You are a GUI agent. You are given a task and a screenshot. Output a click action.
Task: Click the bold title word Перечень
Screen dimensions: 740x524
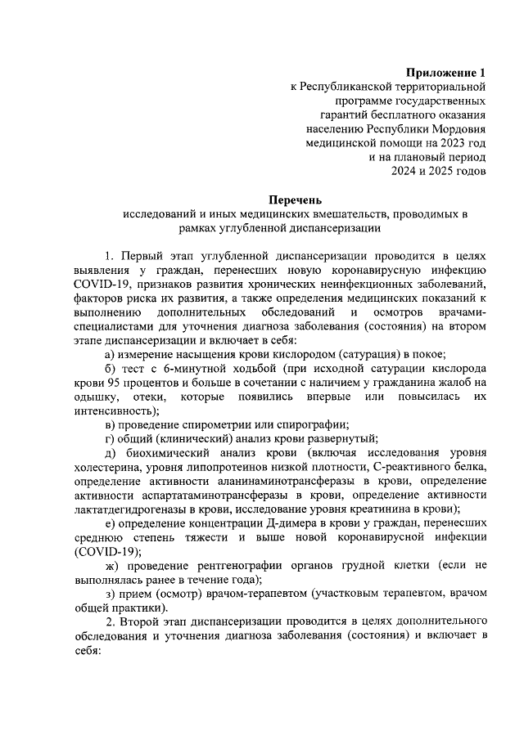pos(297,199)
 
